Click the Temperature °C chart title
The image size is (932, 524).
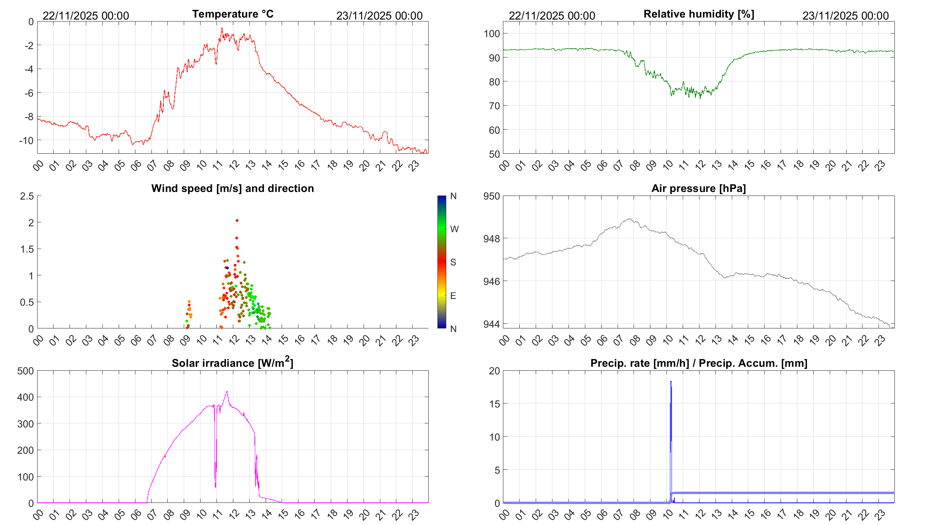[x=233, y=14]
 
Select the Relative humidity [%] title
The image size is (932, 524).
[x=699, y=14]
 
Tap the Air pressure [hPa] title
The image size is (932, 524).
[x=698, y=188]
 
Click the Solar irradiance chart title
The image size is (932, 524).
[x=233, y=363]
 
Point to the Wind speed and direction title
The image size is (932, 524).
[x=233, y=188]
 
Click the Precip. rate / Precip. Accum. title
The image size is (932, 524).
[x=699, y=363]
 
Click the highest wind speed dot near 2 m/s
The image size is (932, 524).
[x=237, y=220]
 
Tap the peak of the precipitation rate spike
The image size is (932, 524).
[x=671, y=382]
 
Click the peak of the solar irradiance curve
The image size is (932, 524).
[x=227, y=392]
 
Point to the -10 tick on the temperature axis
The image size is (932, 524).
[x=26, y=140]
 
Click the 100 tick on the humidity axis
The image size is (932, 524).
[x=491, y=34]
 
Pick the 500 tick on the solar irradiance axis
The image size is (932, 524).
[x=25, y=371]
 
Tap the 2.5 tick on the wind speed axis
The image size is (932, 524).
[x=27, y=196]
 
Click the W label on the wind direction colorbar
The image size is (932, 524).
[x=454, y=229]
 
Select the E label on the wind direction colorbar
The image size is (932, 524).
[x=453, y=296]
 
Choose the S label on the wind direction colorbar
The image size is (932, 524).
[x=453, y=262]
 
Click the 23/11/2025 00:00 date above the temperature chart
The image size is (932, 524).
[x=379, y=16]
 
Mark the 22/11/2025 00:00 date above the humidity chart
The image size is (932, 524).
[x=552, y=16]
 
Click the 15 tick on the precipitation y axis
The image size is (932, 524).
[x=494, y=404]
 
